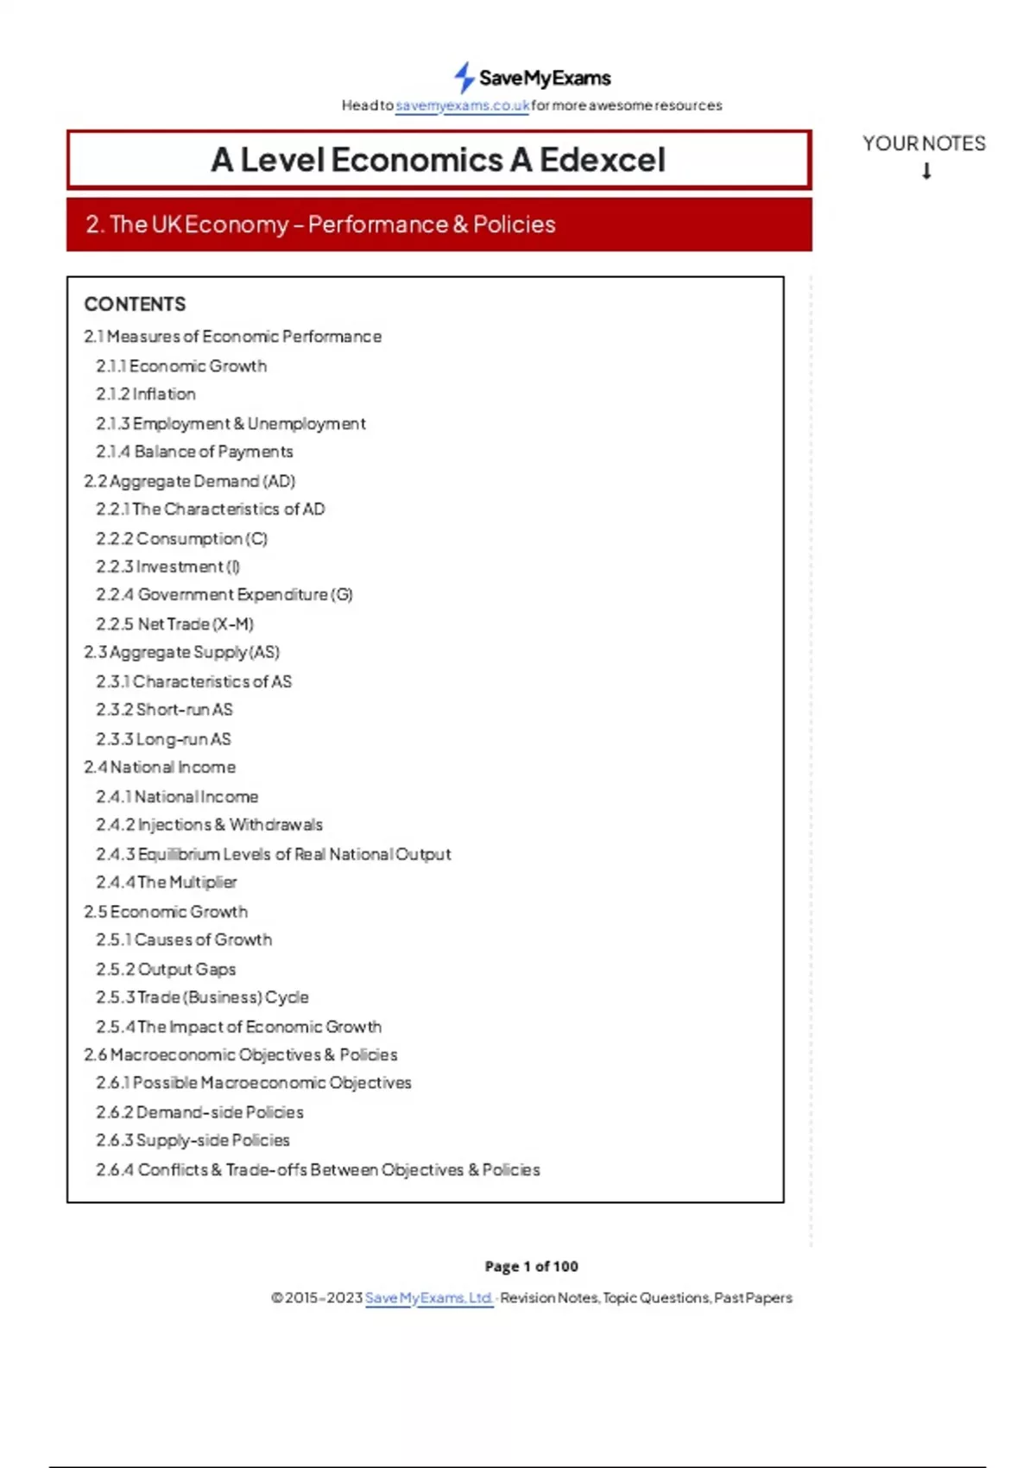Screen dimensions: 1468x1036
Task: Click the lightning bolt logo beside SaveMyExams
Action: tap(464, 78)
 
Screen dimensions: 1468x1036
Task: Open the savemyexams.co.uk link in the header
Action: tap(462, 105)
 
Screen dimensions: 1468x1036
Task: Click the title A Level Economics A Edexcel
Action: tap(439, 160)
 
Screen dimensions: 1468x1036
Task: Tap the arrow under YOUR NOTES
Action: tap(926, 171)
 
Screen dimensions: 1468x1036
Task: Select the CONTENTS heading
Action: tap(135, 304)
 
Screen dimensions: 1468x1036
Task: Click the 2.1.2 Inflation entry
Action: tap(146, 394)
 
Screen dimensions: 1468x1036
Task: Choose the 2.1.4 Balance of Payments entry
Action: tap(194, 452)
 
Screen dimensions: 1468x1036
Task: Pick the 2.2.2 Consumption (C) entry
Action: tap(181, 539)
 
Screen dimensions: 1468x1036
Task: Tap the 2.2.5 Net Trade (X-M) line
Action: tap(174, 623)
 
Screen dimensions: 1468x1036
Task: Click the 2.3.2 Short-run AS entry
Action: tap(164, 710)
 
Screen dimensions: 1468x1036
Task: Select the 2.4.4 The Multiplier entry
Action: tap(166, 883)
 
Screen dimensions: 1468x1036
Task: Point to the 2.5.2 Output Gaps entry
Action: tap(166, 969)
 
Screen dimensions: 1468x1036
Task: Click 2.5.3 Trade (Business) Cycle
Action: tap(202, 997)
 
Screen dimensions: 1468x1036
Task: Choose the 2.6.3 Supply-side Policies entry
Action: tap(193, 1141)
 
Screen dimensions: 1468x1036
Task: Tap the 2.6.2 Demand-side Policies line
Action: tap(199, 1112)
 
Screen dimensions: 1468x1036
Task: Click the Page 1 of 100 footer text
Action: tap(531, 1267)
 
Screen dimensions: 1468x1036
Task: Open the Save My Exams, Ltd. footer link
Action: tap(428, 1298)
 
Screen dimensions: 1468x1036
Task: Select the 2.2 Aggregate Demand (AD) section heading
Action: tap(189, 481)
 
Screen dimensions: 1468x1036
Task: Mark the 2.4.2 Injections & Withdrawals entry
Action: tap(209, 825)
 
